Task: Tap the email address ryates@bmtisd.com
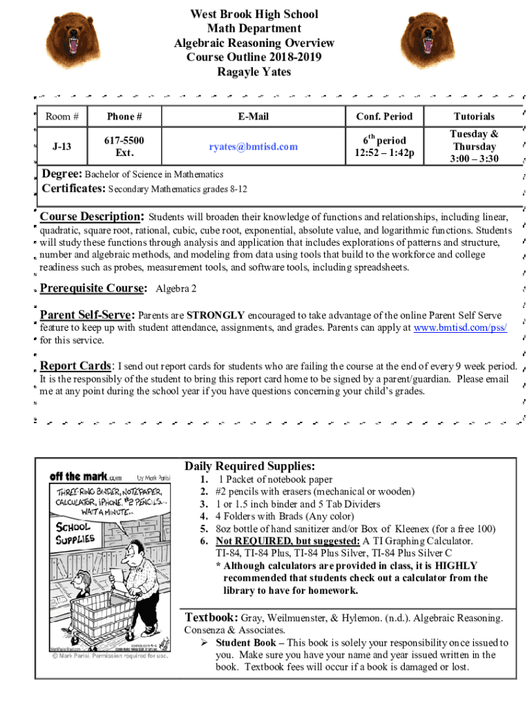click(x=254, y=146)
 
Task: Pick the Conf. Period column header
click(x=384, y=116)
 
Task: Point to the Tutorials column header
click(x=474, y=116)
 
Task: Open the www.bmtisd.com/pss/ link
click(x=459, y=328)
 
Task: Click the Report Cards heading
click(x=76, y=366)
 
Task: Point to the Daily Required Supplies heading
click(x=249, y=466)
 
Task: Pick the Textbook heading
click(x=211, y=617)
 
